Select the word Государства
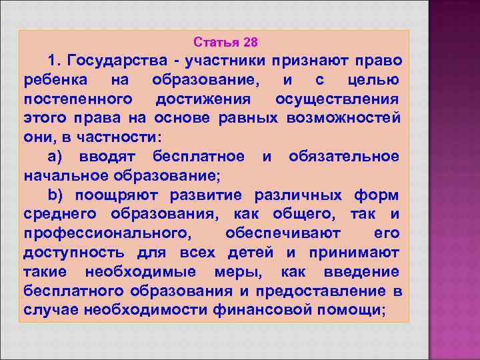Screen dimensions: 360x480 click(114, 61)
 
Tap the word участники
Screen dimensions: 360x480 click(224, 61)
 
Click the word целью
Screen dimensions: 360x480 click(374, 81)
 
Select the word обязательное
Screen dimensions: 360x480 click(344, 157)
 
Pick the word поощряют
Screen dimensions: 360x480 click(111, 195)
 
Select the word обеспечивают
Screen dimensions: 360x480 click(283, 234)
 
